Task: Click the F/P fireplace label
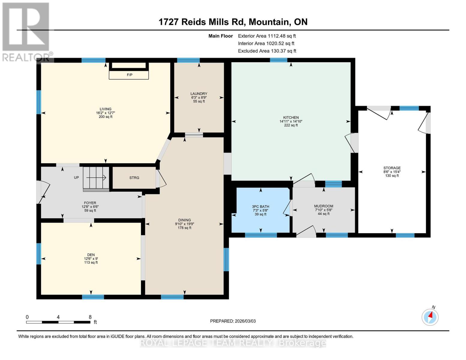click(x=129, y=75)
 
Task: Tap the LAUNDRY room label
click(x=199, y=94)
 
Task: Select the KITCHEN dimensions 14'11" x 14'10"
click(x=291, y=121)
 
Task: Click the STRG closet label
click(x=134, y=178)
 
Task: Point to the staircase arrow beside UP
click(x=97, y=177)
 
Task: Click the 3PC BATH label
click(x=260, y=206)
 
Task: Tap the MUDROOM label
click(x=323, y=206)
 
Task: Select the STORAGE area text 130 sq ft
click(x=392, y=176)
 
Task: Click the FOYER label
click(x=90, y=203)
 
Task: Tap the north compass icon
click(x=430, y=317)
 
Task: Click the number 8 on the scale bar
click(x=90, y=317)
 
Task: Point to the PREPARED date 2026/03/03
click(x=233, y=321)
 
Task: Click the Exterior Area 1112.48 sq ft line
click(x=267, y=36)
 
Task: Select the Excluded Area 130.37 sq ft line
click(x=267, y=51)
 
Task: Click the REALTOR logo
click(x=26, y=31)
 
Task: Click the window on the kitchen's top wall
click(x=278, y=60)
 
